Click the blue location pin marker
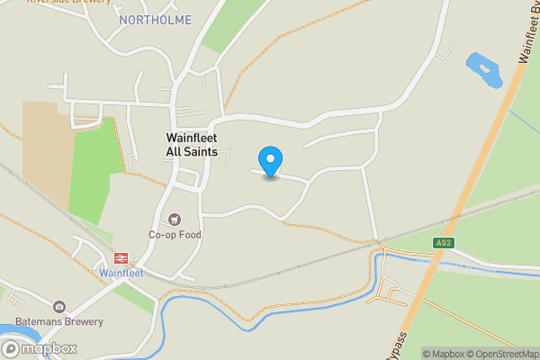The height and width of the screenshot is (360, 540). (x=270, y=161)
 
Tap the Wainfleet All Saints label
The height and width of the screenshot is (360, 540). (x=192, y=145)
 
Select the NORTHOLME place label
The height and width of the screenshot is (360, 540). (x=155, y=20)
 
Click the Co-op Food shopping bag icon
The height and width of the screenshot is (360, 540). (x=175, y=219)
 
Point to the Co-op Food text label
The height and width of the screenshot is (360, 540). (x=175, y=235)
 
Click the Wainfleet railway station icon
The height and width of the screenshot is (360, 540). (x=121, y=257)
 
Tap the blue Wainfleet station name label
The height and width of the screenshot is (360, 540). (x=121, y=273)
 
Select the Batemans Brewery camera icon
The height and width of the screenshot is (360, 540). (x=59, y=307)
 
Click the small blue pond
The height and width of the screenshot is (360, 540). (x=482, y=70)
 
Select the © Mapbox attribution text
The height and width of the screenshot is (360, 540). (x=443, y=354)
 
